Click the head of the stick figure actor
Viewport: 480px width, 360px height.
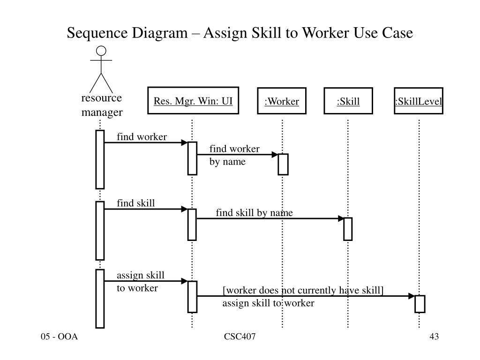click(x=101, y=51)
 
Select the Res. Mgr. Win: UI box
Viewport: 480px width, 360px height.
click(x=193, y=101)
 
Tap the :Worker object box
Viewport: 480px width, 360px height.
click(x=281, y=101)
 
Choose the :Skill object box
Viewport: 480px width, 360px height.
click(x=348, y=101)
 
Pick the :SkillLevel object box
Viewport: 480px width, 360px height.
click(x=419, y=101)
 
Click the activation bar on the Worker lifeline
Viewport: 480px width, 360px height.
click(x=283, y=164)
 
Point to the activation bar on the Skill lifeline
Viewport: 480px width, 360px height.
click(x=348, y=229)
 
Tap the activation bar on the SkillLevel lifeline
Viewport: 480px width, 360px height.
click(x=420, y=304)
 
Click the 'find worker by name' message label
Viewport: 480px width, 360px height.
click(x=234, y=155)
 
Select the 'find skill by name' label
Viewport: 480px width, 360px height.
click(x=254, y=213)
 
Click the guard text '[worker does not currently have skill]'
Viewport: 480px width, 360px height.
click(x=303, y=291)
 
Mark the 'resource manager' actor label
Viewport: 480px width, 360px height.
click(x=102, y=105)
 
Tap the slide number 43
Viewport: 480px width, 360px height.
click(x=434, y=337)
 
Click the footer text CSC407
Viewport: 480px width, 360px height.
click(x=240, y=337)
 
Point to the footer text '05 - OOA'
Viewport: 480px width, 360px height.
click(x=59, y=337)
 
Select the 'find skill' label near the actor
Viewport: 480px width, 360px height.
click(x=135, y=203)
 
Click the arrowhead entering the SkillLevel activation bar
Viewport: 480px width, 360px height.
click(x=412, y=296)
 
